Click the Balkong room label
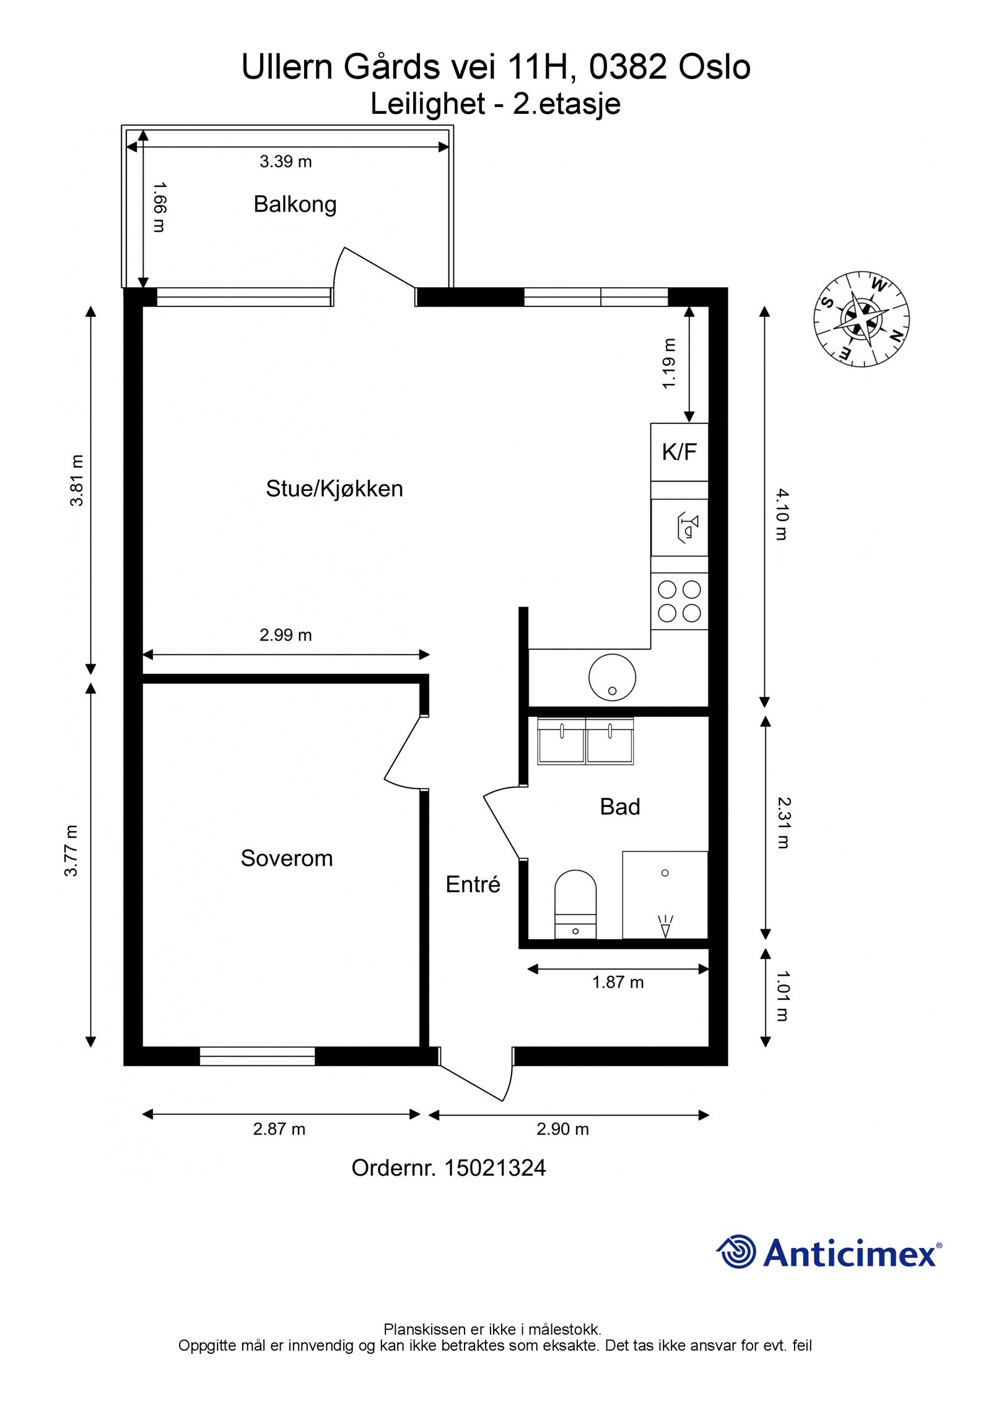295,204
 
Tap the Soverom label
286,858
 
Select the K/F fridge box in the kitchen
679,452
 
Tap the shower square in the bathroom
665,894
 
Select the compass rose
861,319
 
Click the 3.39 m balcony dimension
286,162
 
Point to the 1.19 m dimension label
668,363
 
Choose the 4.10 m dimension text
782,514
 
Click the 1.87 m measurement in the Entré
618,982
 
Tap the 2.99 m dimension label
286,635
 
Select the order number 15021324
495,1168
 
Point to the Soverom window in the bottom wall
257,1056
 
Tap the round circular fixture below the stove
612,677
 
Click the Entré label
473,884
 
